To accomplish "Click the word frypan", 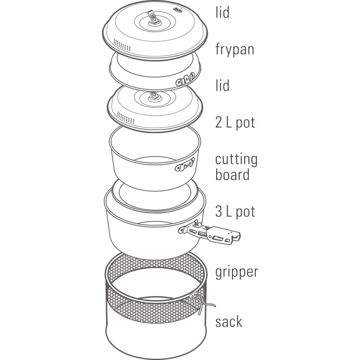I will click(x=235, y=49).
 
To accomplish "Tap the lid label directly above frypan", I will click(x=222, y=13).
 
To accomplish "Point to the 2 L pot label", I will click(x=235, y=122).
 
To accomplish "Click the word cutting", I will click(x=236, y=159).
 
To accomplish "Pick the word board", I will click(x=232, y=175).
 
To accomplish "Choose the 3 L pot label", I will click(x=235, y=211).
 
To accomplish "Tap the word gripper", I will click(x=236, y=272).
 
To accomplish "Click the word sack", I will click(x=229, y=321).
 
